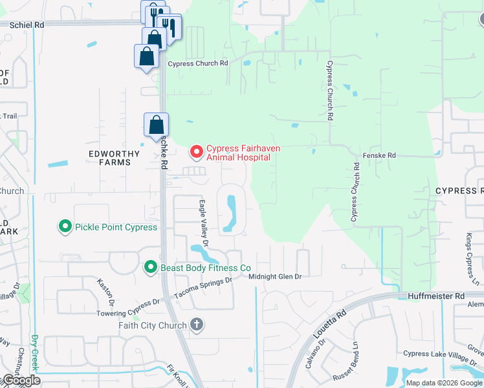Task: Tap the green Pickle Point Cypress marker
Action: point(65,227)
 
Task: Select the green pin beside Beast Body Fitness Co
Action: point(150,267)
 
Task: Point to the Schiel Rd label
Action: point(27,24)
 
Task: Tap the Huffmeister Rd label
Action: point(437,296)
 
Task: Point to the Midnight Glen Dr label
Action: point(276,276)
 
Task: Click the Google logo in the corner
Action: point(21,380)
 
